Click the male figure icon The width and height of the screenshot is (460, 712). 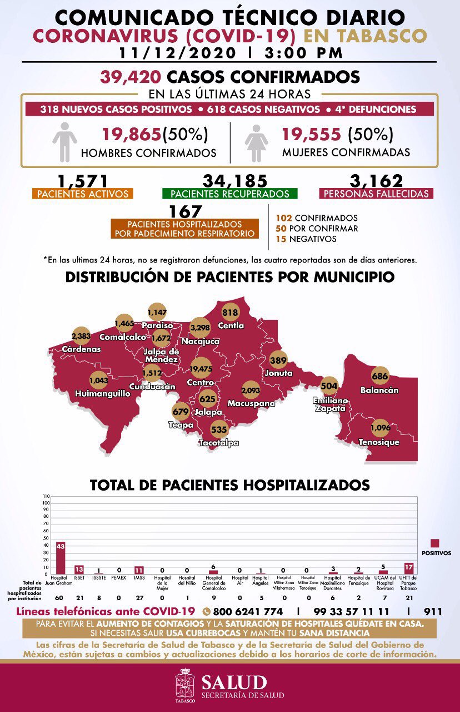64,142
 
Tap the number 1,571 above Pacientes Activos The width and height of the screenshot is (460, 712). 83,181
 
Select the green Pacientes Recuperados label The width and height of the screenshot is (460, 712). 230,194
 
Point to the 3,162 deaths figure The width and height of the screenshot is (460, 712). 376,181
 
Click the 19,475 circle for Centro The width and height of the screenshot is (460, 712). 201,368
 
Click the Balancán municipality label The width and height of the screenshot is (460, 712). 379,390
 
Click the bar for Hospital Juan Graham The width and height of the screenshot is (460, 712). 61,558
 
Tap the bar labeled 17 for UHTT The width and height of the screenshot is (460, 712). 409,568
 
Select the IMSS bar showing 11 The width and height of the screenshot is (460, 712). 139,570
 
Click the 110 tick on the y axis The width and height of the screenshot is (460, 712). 46,496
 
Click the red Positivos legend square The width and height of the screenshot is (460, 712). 435,543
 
